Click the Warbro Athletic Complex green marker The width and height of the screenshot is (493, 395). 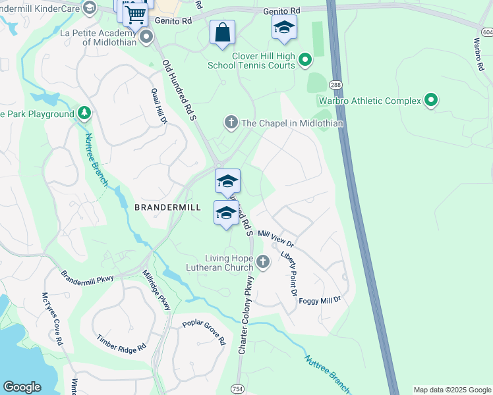pyautogui.click(x=431, y=101)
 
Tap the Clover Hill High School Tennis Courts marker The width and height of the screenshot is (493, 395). pyautogui.click(x=305, y=61)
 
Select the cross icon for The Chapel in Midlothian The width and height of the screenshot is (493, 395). pyautogui.click(x=231, y=122)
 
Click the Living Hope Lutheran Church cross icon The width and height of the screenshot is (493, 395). pyautogui.click(x=262, y=263)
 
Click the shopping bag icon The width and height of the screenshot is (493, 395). pyautogui.click(x=222, y=32)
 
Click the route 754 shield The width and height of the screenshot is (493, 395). pyautogui.click(x=237, y=390)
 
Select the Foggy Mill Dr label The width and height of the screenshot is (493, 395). pyautogui.click(x=320, y=300)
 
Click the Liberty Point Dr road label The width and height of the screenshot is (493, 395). pyautogui.click(x=289, y=271)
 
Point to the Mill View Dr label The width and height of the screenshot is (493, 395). pyautogui.click(x=275, y=239)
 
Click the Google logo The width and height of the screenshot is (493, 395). pyautogui.click(x=22, y=387)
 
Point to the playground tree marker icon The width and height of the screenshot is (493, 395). pyautogui.click(x=84, y=114)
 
